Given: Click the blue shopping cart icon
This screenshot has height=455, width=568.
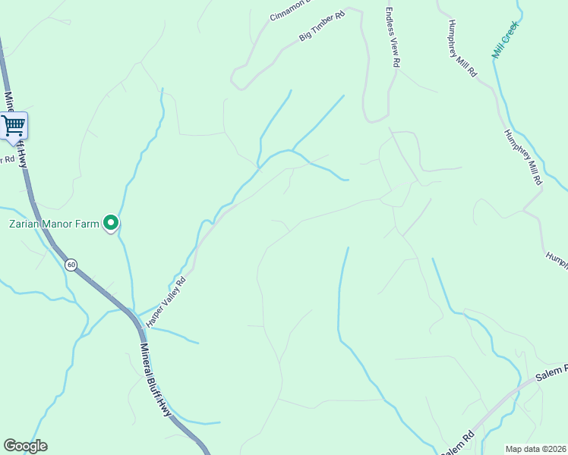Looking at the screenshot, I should click(x=14, y=126).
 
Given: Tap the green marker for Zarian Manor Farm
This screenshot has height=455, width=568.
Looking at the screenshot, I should click(x=111, y=223).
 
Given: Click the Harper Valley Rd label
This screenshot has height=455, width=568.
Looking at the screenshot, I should click(x=166, y=301).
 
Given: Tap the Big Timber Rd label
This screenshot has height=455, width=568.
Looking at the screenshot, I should click(x=322, y=26).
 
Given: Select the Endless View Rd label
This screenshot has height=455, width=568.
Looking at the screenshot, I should click(x=391, y=39).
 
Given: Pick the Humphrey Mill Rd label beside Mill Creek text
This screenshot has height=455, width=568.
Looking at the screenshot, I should click(x=462, y=48).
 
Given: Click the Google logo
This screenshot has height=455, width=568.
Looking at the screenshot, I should click(x=25, y=446).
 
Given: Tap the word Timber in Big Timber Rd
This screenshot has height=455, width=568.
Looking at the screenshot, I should click(x=323, y=25).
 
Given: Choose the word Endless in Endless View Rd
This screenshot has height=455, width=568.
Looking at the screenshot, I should click(x=390, y=24).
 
